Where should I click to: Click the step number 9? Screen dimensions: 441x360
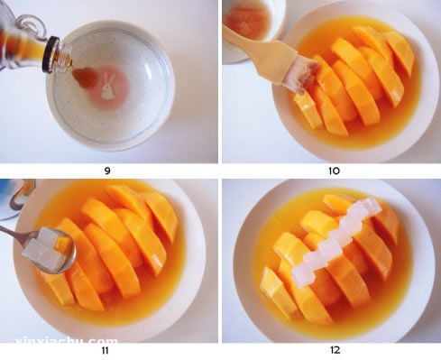click(107, 171)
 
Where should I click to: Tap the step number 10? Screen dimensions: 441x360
click(334, 171)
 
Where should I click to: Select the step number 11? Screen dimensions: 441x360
click(105, 350)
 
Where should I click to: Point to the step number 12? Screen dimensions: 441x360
click(335, 350)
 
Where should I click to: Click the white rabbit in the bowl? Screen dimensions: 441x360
click(108, 87)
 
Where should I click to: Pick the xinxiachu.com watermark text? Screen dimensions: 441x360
click(66, 341)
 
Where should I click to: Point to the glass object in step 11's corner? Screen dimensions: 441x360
click(17, 198)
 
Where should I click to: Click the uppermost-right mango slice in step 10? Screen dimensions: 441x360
click(399, 51)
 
